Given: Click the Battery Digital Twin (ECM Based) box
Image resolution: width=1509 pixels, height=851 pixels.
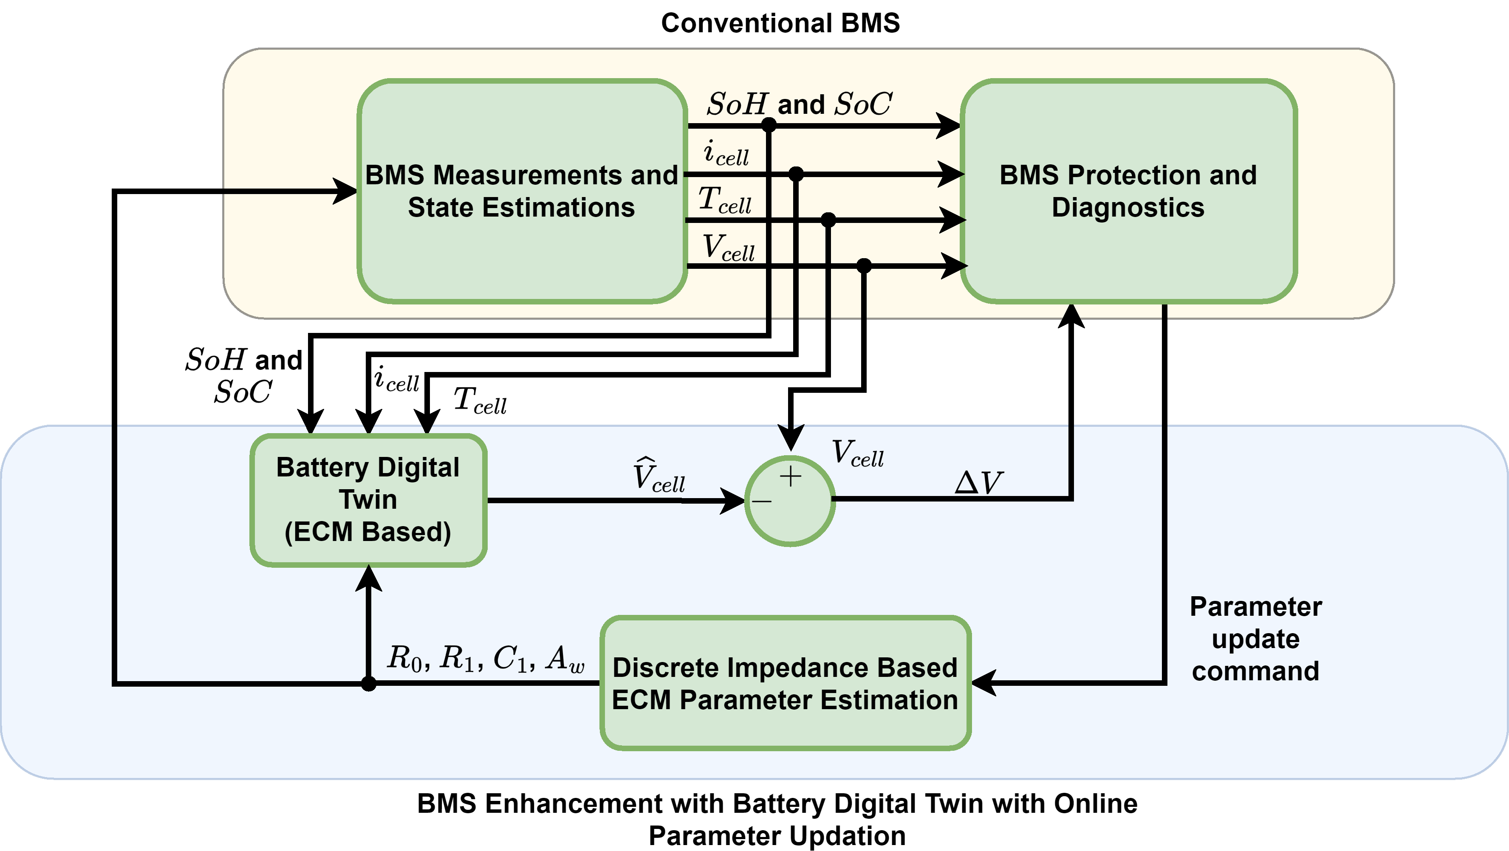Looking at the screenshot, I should (x=368, y=499).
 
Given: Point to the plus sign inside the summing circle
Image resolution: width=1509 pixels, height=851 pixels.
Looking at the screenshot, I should (x=790, y=476).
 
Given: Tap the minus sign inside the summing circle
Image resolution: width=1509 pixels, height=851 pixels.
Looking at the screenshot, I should (x=762, y=502).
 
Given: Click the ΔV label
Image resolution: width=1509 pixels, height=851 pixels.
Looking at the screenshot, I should (x=978, y=483).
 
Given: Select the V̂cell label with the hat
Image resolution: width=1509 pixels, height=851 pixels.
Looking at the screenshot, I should (x=658, y=475).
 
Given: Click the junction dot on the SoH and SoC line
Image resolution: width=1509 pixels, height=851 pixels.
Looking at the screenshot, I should (x=769, y=124).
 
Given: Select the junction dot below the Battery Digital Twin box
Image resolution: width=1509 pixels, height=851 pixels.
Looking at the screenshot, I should (x=368, y=683).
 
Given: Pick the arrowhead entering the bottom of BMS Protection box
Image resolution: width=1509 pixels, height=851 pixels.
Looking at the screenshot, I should (x=1071, y=316).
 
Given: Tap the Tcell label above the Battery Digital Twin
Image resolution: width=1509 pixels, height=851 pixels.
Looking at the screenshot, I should (x=480, y=401).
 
